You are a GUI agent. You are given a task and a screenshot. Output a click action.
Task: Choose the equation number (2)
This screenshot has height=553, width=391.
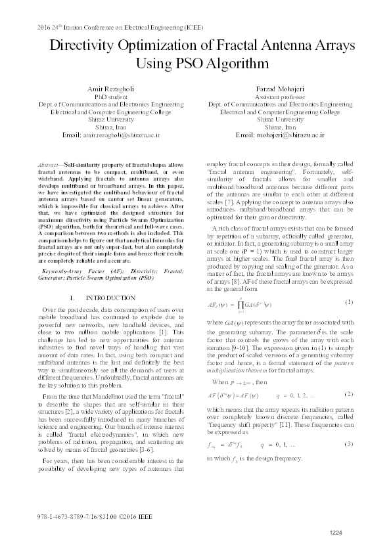[x=349, y=393]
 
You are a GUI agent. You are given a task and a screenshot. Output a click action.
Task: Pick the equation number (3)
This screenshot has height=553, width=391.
[x=349, y=445]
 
